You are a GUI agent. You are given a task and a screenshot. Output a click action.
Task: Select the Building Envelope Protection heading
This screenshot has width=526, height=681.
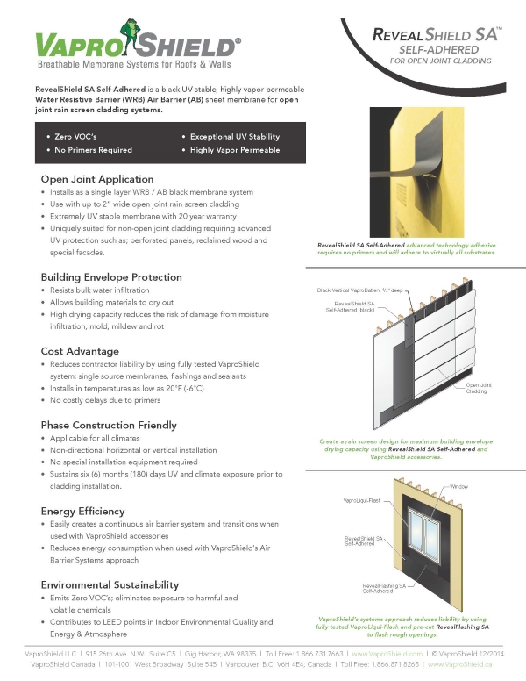111,276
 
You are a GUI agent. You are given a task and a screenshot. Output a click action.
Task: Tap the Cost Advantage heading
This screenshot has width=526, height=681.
80,351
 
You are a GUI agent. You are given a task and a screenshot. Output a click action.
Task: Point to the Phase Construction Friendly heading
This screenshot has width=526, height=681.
109,425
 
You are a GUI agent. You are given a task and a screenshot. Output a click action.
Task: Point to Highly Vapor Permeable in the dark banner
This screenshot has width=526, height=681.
235,150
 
